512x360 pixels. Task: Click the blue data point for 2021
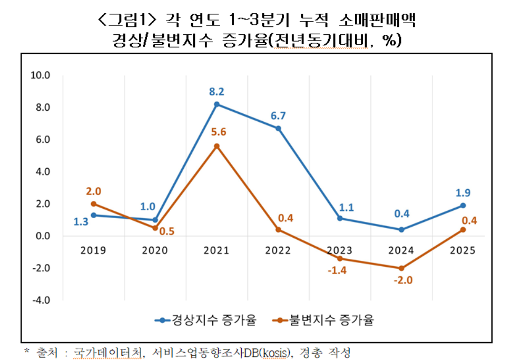(216, 104)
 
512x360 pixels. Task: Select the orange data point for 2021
(216, 146)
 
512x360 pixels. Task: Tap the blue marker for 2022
(278, 128)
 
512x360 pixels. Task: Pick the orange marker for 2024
(401, 268)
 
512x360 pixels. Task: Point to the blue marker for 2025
(463, 206)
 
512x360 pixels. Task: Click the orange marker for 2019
(93, 204)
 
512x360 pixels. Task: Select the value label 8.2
(216, 92)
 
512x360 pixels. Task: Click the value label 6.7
(278, 115)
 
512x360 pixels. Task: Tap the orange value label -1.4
(340, 271)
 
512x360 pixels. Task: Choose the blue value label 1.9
(463, 193)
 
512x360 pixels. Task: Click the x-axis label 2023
(340, 250)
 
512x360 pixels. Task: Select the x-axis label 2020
(155, 250)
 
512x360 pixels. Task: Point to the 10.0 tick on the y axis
(41, 75)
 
